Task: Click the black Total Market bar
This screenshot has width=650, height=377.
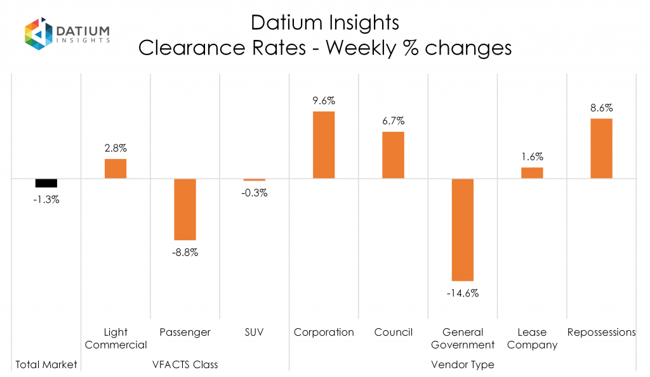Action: [x=46, y=183]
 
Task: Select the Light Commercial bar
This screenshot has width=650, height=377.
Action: [x=116, y=169]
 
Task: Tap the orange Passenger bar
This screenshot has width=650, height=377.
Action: [x=185, y=209]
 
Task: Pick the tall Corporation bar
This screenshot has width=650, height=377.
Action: [x=324, y=145]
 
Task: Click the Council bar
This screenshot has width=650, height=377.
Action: [x=393, y=155]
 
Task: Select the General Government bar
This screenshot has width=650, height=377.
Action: [x=463, y=229]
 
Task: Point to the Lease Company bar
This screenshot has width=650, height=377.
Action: [x=532, y=172]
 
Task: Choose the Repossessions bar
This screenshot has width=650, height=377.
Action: [x=601, y=148]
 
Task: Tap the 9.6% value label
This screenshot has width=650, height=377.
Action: [x=324, y=100]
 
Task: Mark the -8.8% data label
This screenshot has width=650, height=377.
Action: [x=185, y=252]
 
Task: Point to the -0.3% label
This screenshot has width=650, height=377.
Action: [x=255, y=193]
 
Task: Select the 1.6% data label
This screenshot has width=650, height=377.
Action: [x=532, y=157]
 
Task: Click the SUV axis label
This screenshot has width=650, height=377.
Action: [x=255, y=332]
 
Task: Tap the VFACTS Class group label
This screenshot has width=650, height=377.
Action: [x=185, y=364]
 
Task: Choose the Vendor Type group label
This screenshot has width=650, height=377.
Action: [x=463, y=364]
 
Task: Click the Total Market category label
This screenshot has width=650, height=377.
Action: [x=46, y=364]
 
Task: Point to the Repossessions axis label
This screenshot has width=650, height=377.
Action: [x=601, y=332]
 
